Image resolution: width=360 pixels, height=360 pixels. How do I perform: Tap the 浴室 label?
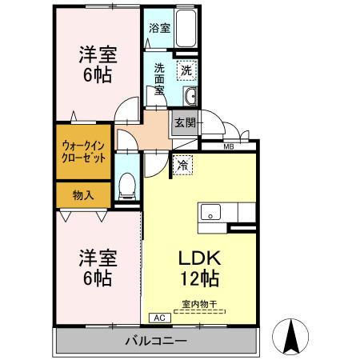(159, 28)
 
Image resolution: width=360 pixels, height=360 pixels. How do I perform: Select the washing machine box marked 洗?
(186, 70)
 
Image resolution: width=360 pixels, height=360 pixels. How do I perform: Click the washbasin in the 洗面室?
(190, 98)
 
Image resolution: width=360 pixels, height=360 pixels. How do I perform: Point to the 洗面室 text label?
(159, 78)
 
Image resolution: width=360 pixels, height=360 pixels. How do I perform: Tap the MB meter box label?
(228, 146)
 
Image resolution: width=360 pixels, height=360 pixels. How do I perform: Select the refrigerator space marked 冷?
(183, 166)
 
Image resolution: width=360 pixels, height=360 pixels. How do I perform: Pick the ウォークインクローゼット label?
(81, 152)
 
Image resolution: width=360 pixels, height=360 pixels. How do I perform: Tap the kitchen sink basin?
(211, 213)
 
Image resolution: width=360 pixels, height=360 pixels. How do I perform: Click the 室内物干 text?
(200, 302)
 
